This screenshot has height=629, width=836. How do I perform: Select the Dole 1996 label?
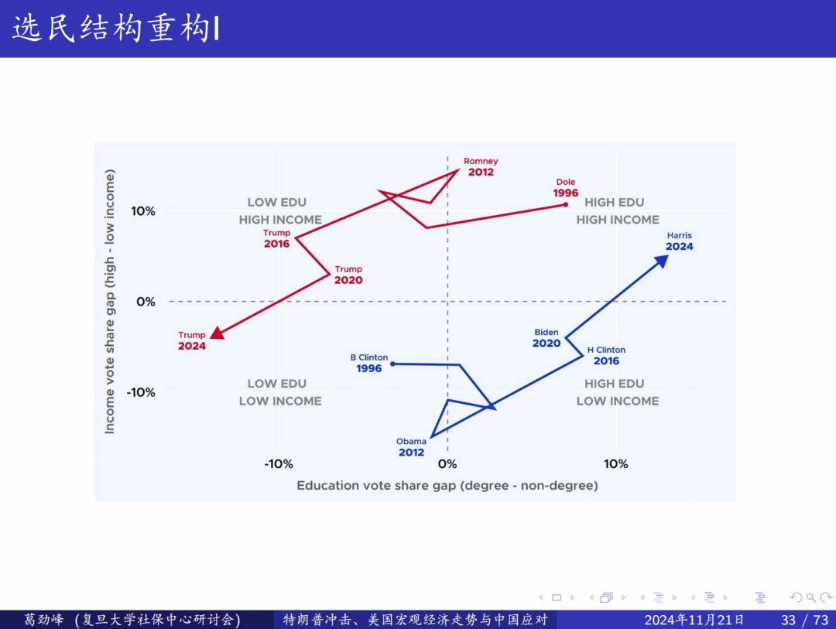click(x=565, y=188)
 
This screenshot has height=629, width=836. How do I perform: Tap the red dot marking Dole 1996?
click(x=565, y=204)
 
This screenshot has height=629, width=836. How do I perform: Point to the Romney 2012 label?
click(x=481, y=166)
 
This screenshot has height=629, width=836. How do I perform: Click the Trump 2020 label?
click(x=348, y=275)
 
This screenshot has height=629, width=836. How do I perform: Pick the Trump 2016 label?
click(x=276, y=238)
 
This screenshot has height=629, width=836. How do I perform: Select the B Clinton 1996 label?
click(x=369, y=363)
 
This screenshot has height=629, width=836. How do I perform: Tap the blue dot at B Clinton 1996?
click(x=392, y=364)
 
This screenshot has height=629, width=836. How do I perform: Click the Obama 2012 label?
click(x=411, y=446)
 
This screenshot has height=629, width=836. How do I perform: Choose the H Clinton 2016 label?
click(x=606, y=355)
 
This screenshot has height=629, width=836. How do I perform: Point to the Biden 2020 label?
click(x=546, y=338)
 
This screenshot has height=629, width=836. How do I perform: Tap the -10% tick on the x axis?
click(x=279, y=464)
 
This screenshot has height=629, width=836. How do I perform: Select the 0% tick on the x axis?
click(x=447, y=464)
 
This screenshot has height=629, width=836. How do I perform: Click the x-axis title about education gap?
click(x=447, y=486)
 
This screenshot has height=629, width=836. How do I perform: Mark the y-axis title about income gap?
click(x=110, y=302)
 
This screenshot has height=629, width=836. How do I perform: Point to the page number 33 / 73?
click(x=805, y=620)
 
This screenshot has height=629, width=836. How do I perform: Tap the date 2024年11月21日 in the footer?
click(x=694, y=620)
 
